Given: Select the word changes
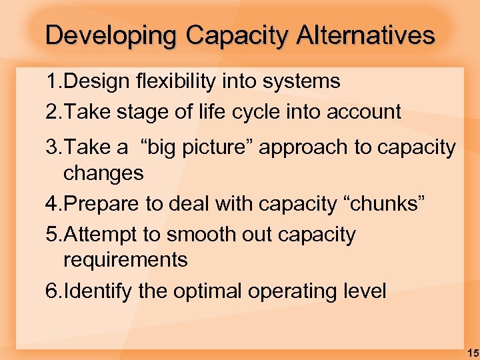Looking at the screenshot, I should pos(103,173).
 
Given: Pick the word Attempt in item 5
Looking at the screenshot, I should pos(102,235).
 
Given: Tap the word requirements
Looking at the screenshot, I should pos(125,260).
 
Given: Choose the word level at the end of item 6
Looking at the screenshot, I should pos(364,291).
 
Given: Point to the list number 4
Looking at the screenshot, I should pos(53,204).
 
